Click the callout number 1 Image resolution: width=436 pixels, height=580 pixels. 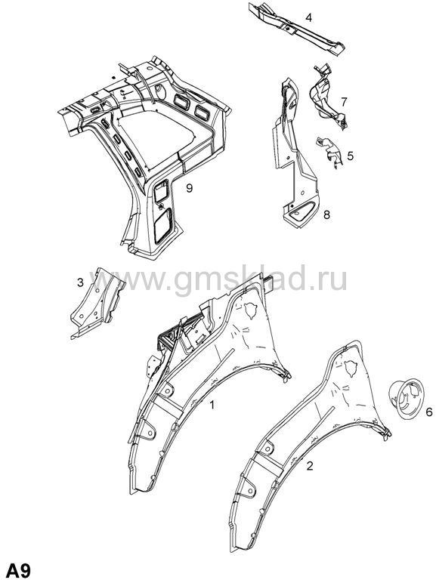(x=212, y=405)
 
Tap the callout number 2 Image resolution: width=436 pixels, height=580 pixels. (x=310, y=466)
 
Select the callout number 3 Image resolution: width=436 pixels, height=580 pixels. (x=80, y=283)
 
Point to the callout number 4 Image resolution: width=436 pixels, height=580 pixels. (x=309, y=17)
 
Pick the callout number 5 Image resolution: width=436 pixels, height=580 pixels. (x=350, y=156)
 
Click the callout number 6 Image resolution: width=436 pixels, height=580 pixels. (x=429, y=412)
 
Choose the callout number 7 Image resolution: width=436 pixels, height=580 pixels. (x=344, y=101)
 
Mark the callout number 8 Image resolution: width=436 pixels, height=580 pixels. (x=326, y=214)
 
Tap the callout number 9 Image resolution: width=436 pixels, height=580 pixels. (x=189, y=188)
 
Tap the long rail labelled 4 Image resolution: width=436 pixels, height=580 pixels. (x=296, y=29)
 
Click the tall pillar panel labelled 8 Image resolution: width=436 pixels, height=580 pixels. (x=294, y=156)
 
